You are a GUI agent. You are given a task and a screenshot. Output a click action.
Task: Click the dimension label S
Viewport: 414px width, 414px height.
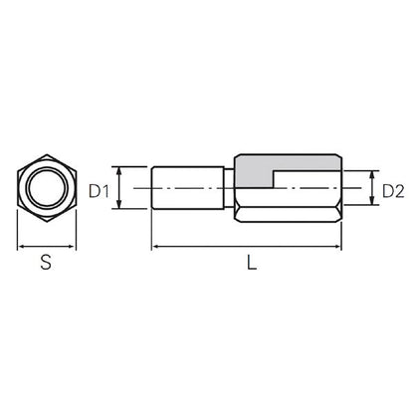click(46, 262)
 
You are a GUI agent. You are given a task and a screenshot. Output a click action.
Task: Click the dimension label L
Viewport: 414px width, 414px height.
click(252, 262)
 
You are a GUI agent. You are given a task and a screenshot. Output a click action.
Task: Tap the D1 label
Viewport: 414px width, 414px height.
click(99, 191)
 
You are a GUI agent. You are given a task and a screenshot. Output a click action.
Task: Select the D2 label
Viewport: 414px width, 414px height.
click(393, 191)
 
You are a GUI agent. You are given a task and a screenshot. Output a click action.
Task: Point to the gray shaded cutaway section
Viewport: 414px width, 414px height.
click(266, 167)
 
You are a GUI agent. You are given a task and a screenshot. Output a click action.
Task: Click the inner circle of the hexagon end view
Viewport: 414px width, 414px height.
click(47, 188)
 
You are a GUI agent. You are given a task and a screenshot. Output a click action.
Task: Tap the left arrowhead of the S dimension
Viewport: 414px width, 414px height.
click(21, 247)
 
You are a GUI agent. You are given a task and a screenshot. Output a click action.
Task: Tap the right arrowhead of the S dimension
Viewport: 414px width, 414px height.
click(72, 247)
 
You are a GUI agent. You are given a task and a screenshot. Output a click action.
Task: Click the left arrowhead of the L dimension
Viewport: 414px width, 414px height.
click(155, 247)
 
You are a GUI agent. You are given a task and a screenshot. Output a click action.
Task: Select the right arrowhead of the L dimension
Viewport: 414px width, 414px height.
click(337, 247)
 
